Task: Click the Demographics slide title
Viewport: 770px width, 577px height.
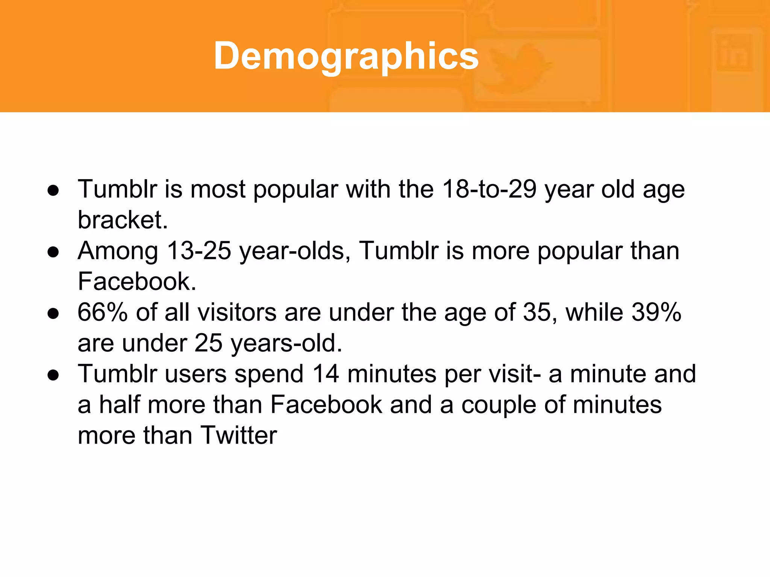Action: coord(346,56)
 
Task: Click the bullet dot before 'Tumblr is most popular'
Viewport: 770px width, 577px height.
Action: coord(53,190)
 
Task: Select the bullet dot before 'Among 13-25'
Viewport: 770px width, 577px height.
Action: coord(53,252)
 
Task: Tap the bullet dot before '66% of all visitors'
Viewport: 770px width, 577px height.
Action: coord(53,313)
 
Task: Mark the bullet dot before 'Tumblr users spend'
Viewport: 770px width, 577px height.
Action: coord(53,375)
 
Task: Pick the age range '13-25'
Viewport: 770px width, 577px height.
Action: coord(199,251)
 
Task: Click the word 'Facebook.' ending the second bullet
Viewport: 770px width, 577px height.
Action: coord(137,281)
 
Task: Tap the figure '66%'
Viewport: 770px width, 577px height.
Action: coord(102,312)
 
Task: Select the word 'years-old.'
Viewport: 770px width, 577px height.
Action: coord(286,343)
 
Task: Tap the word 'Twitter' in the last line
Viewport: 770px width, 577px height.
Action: coord(239,435)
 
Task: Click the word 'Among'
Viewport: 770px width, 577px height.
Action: coord(118,251)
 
